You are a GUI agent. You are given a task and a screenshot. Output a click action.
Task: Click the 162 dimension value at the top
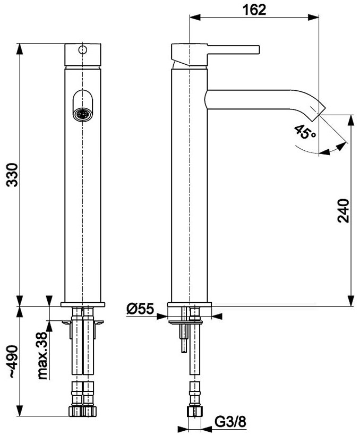(254, 10)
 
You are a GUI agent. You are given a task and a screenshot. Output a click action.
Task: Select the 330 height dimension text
(13, 175)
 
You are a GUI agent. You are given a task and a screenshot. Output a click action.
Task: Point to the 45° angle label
(305, 132)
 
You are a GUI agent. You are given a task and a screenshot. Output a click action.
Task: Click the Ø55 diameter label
(140, 309)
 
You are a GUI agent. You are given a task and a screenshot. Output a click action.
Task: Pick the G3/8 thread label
(230, 422)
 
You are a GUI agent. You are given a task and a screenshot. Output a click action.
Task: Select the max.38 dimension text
(42, 356)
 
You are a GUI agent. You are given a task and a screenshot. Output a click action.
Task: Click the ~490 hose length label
(13, 362)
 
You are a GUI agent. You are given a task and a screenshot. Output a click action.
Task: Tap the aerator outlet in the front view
(83, 115)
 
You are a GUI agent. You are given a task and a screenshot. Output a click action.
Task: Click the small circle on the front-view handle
(83, 50)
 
